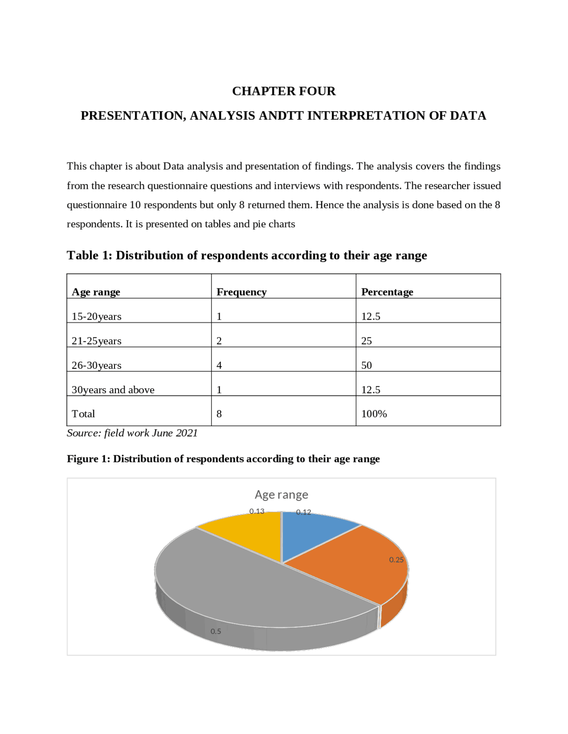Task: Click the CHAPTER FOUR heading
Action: (x=284, y=91)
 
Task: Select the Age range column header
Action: (x=96, y=292)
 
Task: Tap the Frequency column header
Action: (x=241, y=292)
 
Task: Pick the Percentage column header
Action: (x=387, y=292)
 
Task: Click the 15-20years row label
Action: (x=96, y=316)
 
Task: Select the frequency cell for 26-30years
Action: (x=219, y=365)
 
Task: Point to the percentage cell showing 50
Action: (x=367, y=365)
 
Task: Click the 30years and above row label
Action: (x=113, y=390)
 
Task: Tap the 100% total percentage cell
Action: (x=374, y=414)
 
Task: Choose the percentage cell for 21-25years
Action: (x=367, y=341)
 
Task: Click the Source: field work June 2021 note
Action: (x=132, y=433)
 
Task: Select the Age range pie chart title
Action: (x=281, y=494)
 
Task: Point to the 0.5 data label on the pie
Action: (x=216, y=631)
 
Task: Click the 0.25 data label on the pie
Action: (x=396, y=560)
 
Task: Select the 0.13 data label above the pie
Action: (x=256, y=511)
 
